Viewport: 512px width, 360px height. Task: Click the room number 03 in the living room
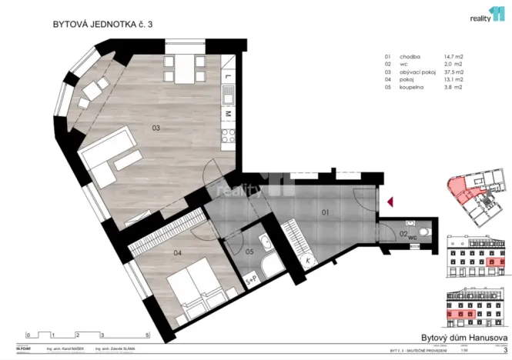(156, 128)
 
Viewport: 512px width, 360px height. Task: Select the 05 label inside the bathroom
(249, 251)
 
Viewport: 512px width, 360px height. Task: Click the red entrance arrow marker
(390, 202)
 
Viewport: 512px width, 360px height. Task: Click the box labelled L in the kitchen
(229, 78)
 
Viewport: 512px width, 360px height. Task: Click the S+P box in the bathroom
(251, 280)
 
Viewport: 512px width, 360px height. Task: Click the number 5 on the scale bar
(148, 336)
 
